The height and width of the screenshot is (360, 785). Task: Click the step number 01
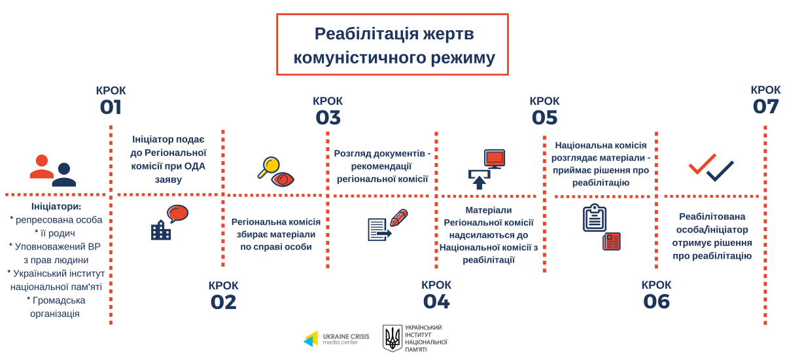(x=111, y=107)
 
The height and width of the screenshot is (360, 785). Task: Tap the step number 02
(x=224, y=302)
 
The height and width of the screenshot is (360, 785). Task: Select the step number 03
(x=328, y=117)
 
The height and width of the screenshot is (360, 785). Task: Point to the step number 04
(x=436, y=302)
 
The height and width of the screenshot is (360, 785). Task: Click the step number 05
(x=544, y=117)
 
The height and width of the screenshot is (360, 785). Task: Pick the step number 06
(x=656, y=302)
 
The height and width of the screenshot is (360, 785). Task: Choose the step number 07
(x=765, y=107)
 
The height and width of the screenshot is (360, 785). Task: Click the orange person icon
(x=42, y=166)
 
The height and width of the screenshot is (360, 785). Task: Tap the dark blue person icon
(x=64, y=175)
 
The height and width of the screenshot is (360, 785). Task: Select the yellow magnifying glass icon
(x=269, y=167)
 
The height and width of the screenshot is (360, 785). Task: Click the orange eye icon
(x=283, y=179)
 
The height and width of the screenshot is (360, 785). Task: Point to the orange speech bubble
(x=178, y=213)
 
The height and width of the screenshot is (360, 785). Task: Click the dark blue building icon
(x=161, y=230)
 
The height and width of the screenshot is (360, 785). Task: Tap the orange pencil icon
(x=399, y=218)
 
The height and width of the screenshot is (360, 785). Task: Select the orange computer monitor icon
(x=495, y=159)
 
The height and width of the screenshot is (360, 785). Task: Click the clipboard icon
(x=595, y=218)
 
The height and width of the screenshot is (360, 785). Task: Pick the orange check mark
(x=702, y=164)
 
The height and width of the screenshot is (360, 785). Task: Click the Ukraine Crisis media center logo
(x=336, y=339)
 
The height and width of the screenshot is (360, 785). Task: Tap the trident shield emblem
(x=392, y=338)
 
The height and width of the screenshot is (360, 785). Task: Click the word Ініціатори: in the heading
(x=56, y=206)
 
